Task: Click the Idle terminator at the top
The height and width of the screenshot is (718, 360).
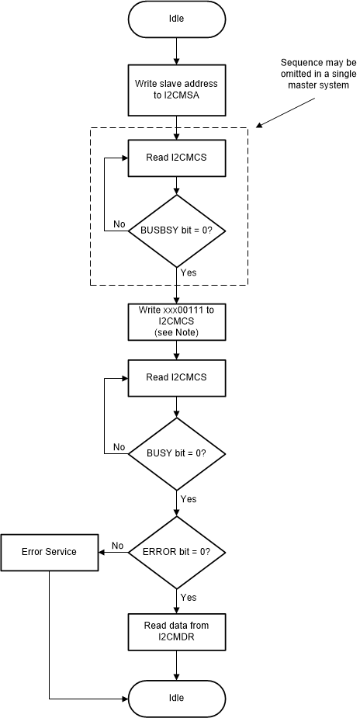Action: (x=177, y=19)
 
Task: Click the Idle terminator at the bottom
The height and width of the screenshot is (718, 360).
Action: (x=177, y=698)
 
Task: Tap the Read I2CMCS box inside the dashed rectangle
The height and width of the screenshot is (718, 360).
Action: (x=177, y=158)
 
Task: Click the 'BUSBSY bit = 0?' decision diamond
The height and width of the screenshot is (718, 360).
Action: (x=177, y=231)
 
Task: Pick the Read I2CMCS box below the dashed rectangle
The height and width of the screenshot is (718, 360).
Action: (x=177, y=378)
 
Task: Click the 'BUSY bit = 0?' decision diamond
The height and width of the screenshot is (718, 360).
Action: (x=177, y=453)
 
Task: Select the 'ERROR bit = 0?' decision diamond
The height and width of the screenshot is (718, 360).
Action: (x=177, y=552)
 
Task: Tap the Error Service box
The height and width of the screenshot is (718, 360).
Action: (x=50, y=552)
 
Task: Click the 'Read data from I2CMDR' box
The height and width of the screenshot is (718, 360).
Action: (x=177, y=631)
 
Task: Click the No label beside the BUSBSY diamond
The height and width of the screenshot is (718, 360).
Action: (x=119, y=224)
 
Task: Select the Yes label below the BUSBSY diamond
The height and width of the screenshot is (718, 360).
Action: (x=188, y=273)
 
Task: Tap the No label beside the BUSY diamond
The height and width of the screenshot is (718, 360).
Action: (x=119, y=446)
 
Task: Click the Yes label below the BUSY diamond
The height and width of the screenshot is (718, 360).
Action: (x=188, y=498)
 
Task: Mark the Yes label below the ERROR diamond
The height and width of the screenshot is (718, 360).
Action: (x=188, y=597)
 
